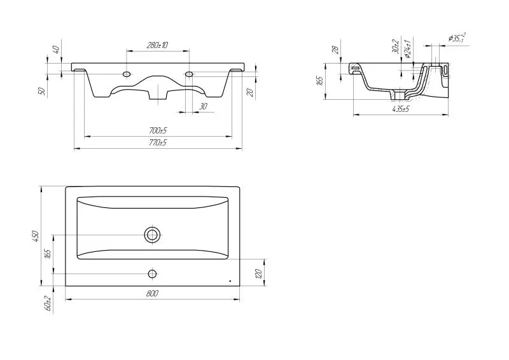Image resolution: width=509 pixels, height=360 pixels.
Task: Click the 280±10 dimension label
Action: pos(157,45)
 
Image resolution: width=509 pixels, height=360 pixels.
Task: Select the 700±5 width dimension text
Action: pos(158,131)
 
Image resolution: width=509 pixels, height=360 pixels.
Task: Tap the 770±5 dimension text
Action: pos(158,142)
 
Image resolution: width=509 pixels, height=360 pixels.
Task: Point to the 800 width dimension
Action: pos(152,293)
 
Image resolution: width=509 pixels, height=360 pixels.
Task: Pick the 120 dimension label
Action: pos(259,273)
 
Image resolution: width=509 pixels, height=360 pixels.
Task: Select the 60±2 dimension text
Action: pos(48,304)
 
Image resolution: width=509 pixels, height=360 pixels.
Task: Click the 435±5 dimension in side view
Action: pos(401,109)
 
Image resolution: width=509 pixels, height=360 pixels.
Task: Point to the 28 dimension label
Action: pos(336,50)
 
